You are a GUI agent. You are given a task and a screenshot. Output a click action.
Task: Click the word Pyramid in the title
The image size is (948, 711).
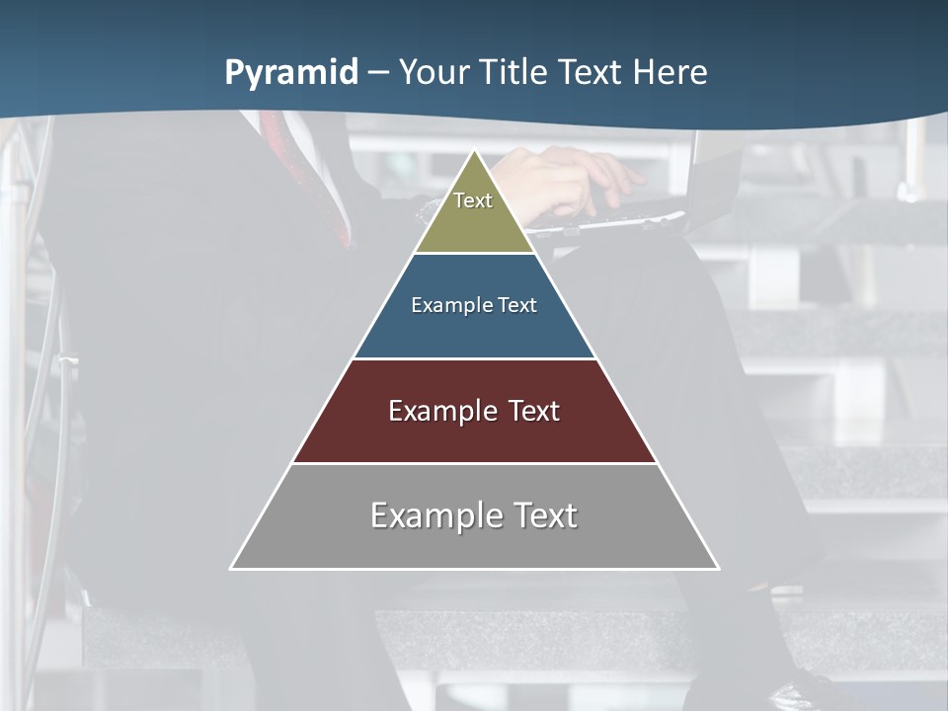click(291, 73)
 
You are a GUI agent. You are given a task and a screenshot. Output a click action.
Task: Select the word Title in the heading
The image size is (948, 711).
click(513, 73)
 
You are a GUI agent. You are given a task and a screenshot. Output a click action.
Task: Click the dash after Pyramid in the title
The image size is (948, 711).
click(378, 73)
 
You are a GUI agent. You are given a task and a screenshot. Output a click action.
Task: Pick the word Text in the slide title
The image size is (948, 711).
click(592, 73)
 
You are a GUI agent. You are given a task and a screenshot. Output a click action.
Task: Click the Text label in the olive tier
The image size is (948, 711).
click(473, 200)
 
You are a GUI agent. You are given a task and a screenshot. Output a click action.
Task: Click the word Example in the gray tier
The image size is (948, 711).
click(425, 515)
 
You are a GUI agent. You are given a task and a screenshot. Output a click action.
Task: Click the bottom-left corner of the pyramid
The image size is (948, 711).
click(232, 568)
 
